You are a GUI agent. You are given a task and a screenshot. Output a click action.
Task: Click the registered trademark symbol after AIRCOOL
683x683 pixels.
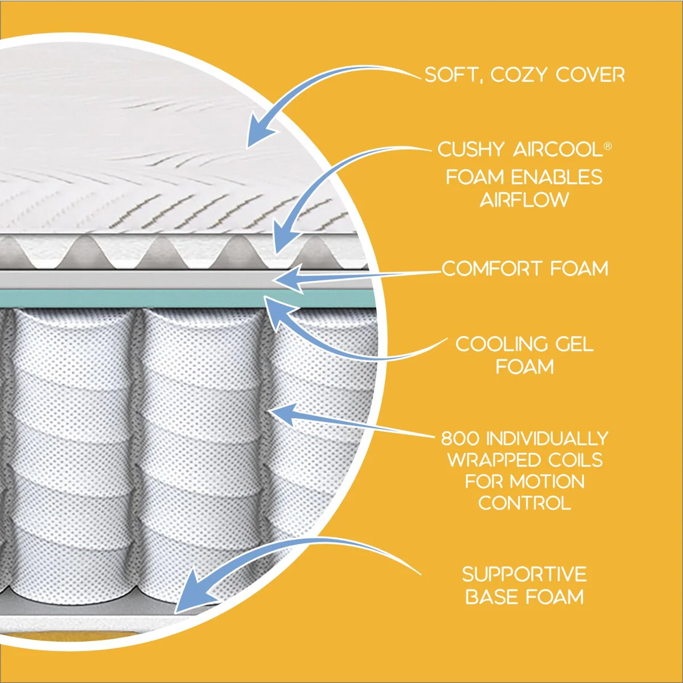(607, 146)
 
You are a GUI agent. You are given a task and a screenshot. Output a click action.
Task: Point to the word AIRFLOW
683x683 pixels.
(524, 200)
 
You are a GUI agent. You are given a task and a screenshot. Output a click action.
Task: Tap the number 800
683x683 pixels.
(460, 438)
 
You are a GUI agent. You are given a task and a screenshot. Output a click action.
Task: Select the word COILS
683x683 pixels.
(575, 460)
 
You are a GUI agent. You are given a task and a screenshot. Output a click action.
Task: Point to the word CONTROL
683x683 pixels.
(524, 503)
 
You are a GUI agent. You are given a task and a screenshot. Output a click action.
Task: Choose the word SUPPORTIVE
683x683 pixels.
(524, 574)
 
